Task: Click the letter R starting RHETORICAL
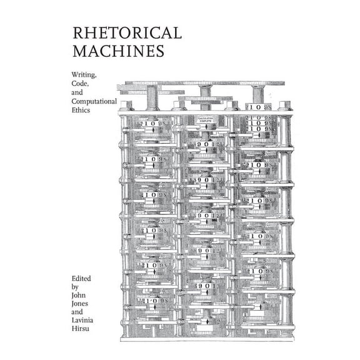point(77,32)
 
